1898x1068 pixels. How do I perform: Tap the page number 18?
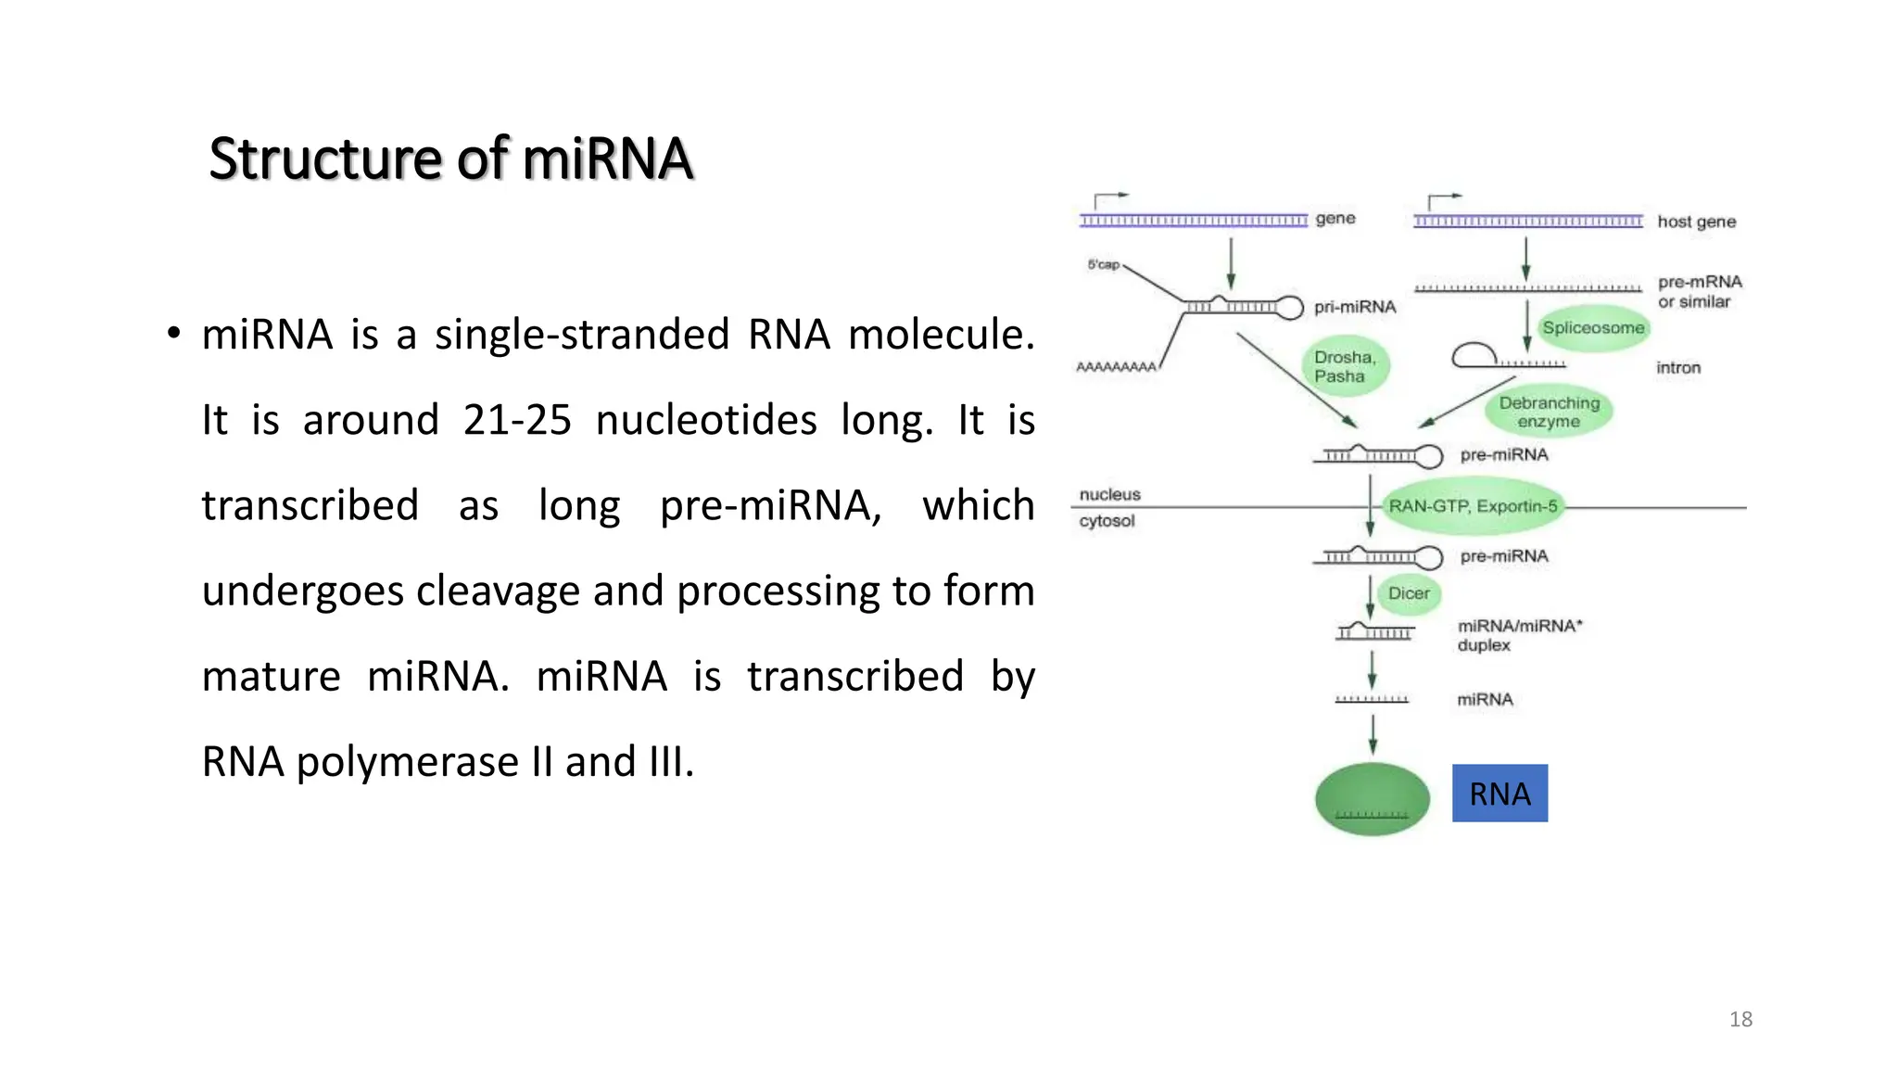[x=1740, y=1020]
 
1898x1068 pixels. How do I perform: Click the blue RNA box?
[x=1499, y=794]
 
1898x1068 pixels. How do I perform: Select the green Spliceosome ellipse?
[x=1593, y=328]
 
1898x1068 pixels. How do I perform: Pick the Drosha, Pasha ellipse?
[x=1345, y=367]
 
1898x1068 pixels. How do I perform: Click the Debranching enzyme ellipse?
[x=1549, y=412]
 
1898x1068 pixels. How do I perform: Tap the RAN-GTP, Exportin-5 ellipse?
[x=1473, y=506]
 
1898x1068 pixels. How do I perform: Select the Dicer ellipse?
[x=1409, y=593]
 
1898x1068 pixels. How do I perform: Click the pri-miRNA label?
[x=1354, y=307]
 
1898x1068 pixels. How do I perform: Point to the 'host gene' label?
[x=1696, y=222]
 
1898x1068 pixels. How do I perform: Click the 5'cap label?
[x=1103, y=264]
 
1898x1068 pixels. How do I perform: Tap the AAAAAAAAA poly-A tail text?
[x=1116, y=367]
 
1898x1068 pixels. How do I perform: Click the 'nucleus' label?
[x=1109, y=494]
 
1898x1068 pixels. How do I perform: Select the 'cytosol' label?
[x=1107, y=521]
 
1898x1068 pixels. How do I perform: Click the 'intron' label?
[x=1678, y=368]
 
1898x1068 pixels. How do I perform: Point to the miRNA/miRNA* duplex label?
[x=1518, y=635]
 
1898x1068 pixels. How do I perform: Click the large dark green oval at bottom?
[x=1372, y=798]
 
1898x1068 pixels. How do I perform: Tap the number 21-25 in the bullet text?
[x=517, y=420]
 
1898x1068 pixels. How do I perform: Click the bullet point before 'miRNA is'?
[x=173, y=334]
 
